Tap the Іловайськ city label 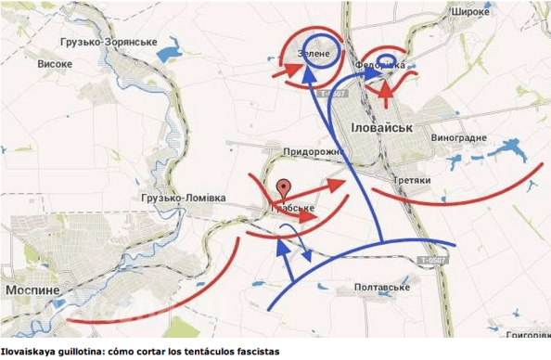point(380,127)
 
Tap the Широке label point(470,13)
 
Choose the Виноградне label point(458,138)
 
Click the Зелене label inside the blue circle point(313,55)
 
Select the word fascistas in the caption point(249,353)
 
